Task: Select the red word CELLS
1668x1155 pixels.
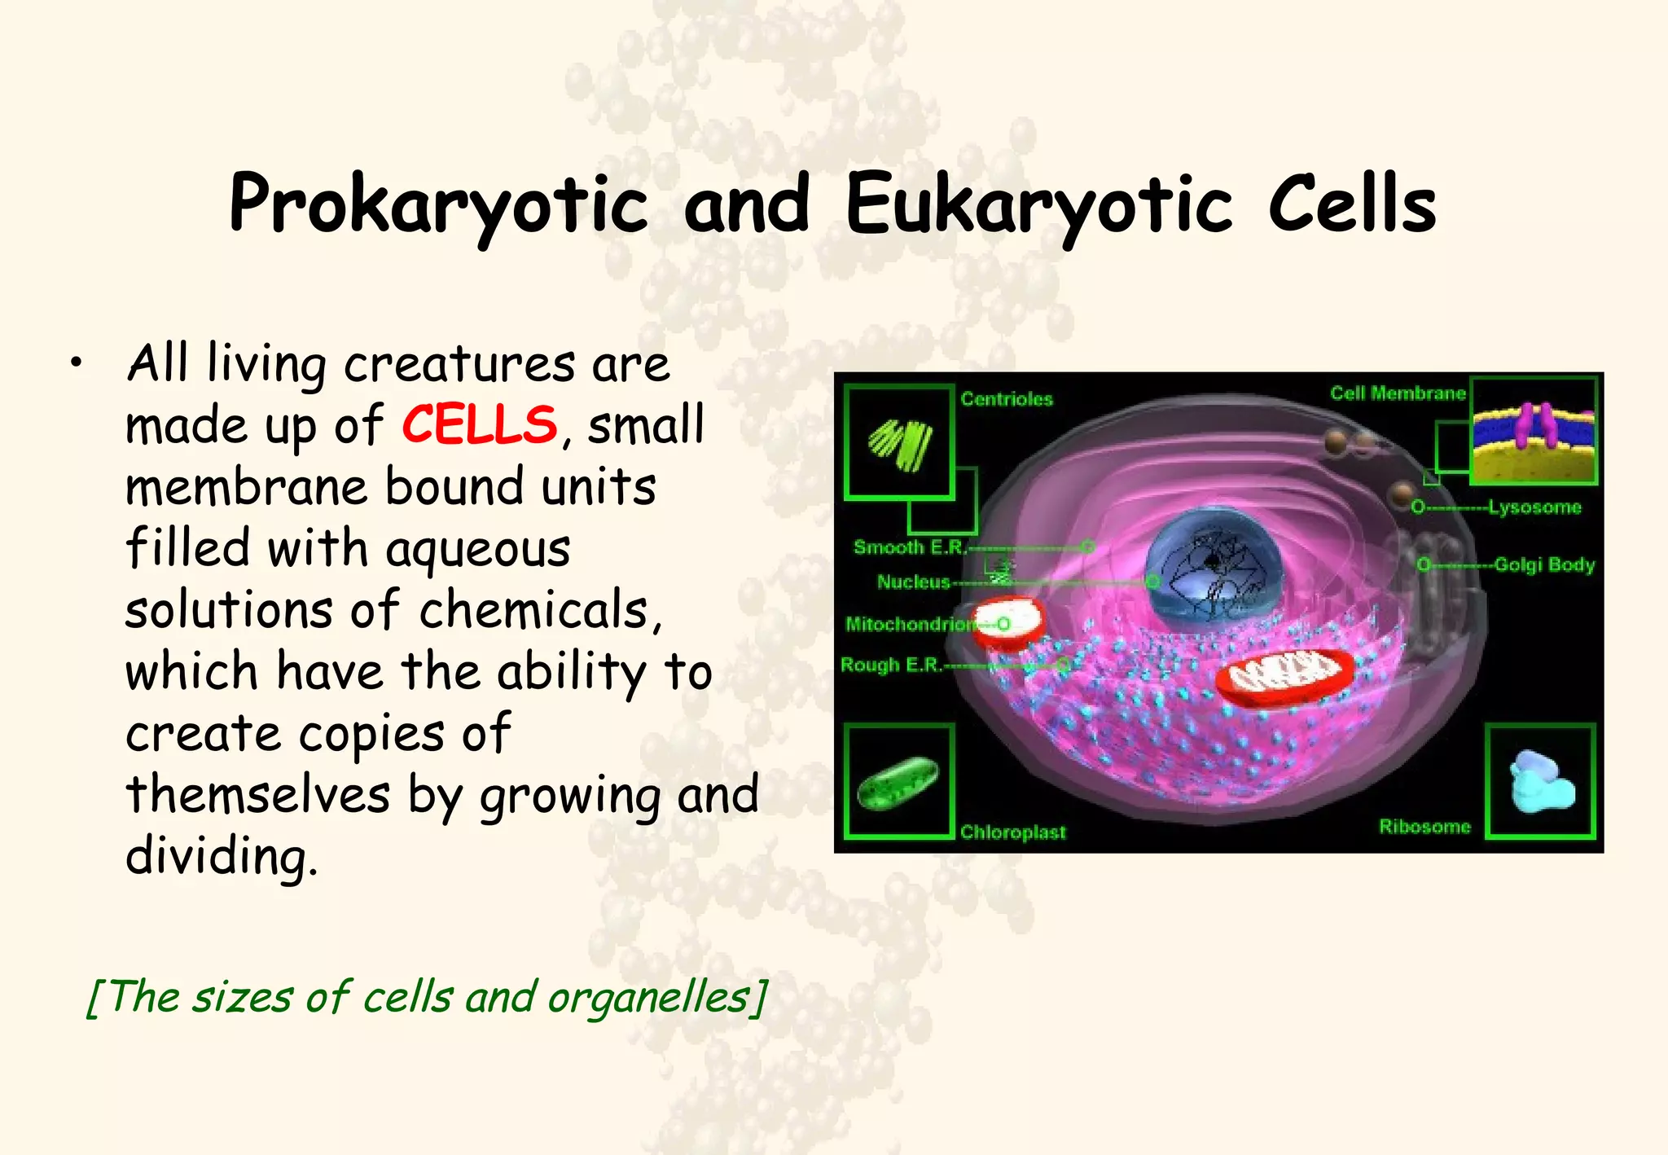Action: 480,424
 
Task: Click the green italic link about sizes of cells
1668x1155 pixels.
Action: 427,997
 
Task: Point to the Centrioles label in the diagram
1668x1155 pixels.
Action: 1007,399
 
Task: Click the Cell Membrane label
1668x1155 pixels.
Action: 1398,393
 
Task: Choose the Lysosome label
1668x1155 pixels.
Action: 1534,507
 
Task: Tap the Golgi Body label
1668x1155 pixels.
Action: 1543,564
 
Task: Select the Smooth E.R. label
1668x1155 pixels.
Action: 909,547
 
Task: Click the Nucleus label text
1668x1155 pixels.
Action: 914,582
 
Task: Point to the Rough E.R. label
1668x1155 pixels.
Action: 891,665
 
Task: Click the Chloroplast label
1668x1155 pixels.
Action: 1012,832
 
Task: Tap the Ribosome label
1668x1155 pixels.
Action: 1424,827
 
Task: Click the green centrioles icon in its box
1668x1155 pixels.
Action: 900,443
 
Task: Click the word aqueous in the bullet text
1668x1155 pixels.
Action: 477,549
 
